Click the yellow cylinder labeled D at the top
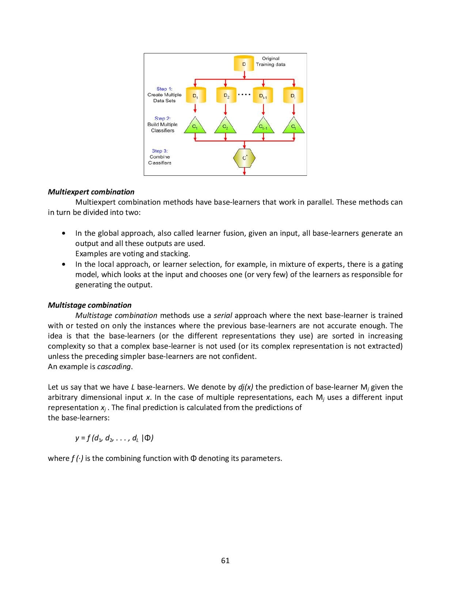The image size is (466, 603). click(244, 64)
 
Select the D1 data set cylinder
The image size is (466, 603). click(195, 96)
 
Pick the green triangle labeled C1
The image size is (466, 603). click(195, 126)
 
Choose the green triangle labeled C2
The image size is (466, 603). click(226, 126)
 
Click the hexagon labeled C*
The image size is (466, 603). click(244, 158)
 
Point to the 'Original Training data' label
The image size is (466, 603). click(270, 61)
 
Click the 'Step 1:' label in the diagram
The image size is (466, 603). click(164, 89)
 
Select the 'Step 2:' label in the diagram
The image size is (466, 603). click(162, 118)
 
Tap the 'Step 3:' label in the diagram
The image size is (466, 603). click(160, 151)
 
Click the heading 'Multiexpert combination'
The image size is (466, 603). click(91, 192)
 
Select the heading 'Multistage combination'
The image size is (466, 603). click(90, 305)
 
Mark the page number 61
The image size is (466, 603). click(226, 561)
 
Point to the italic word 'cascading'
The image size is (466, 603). click(114, 367)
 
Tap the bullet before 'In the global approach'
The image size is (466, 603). click(64, 233)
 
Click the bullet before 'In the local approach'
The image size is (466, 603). click(64, 264)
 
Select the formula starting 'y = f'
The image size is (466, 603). click(114, 438)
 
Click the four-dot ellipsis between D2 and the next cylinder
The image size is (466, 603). click(244, 95)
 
